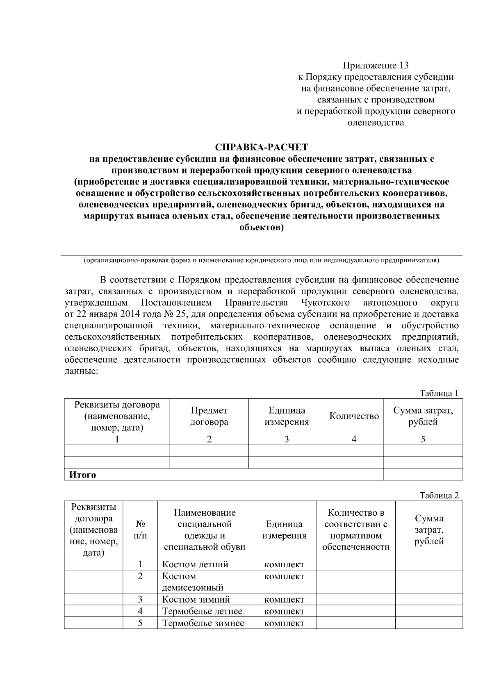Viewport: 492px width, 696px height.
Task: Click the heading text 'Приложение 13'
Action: [x=376, y=66]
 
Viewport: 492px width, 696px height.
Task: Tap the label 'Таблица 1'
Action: [x=438, y=393]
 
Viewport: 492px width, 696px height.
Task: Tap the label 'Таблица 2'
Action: [x=439, y=496]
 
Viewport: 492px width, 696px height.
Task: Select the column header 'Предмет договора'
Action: [x=209, y=416]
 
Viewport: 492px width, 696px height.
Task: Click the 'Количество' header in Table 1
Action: [x=354, y=416]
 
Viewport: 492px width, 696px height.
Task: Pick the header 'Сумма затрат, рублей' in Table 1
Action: [x=423, y=416]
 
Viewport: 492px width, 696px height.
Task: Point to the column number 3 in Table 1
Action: [x=287, y=439]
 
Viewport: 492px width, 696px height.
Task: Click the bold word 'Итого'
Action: [x=82, y=475]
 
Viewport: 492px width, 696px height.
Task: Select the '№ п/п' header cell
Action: [x=140, y=530]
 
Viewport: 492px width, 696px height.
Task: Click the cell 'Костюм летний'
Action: [x=195, y=564]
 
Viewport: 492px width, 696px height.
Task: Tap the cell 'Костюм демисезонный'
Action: [x=193, y=582]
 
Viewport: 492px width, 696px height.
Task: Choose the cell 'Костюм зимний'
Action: [x=196, y=600]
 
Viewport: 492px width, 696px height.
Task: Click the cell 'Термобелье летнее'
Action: [x=202, y=611]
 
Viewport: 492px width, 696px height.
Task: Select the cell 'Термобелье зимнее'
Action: [x=203, y=623]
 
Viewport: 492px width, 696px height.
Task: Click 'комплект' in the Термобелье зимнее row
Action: [x=284, y=623]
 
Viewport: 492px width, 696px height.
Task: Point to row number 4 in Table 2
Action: [x=140, y=611]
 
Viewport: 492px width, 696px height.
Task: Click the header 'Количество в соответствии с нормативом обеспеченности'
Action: [x=355, y=530]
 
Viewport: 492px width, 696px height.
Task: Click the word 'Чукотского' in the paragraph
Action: [x=325, y=303]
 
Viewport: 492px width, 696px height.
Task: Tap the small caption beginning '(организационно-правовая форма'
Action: [x=262, y=260]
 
